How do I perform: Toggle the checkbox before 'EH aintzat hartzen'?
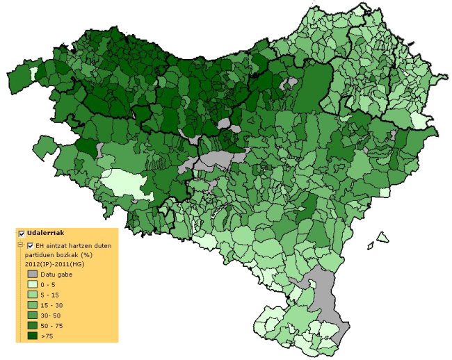coord(30,246)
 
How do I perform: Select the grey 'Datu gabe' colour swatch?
coord(32,275)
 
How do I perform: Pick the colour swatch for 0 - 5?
coord(32,285)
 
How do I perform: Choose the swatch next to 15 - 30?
coord(32,305)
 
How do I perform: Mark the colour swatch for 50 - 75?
coord(32,325)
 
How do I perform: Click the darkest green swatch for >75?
coord(32,336)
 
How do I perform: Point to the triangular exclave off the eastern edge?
coord(381,238)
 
